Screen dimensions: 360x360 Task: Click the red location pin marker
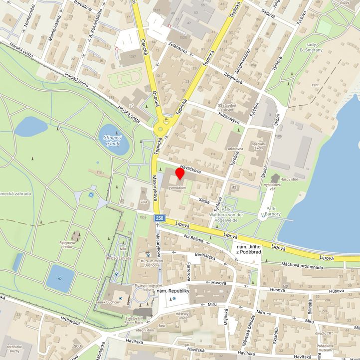pyautogui.click(x=180, y=175)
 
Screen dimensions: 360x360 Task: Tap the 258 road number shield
pyautogui.click(x=159, y=218)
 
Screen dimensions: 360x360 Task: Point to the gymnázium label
pyautogui.click(x=180, y=188)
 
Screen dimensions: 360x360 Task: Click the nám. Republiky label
pyautogui.click(x=174, y=291)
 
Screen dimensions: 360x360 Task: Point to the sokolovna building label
pyautogui.click(x=235, y=149)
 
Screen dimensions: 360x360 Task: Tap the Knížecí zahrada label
pyautogui.click(x=119, y=258)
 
